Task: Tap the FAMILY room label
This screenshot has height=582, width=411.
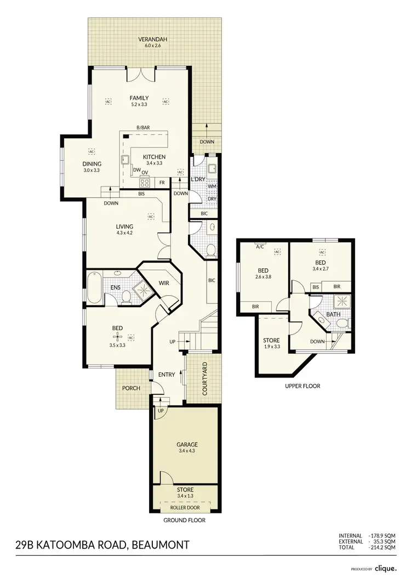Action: [139, 98]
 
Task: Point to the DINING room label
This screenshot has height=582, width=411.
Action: [92, 163]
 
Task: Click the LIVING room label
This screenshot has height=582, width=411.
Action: [124, 226]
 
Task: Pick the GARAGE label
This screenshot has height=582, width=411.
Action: [187, 444]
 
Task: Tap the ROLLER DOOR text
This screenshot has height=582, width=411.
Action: [185, 507]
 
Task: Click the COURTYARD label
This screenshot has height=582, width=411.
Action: [204, 379]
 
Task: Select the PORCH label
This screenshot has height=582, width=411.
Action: [132, 388]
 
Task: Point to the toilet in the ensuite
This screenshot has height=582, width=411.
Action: [126, 296]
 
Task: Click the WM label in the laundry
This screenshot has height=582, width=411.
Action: [212, 187]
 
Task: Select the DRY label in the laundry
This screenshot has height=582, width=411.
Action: [212, 199]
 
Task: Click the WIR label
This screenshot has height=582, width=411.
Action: [164, 283]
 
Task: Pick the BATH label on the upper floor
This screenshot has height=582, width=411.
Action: [333, 314]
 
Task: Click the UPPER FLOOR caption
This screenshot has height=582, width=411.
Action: [302, 386]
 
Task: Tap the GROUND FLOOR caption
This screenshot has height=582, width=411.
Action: [185, 520]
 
